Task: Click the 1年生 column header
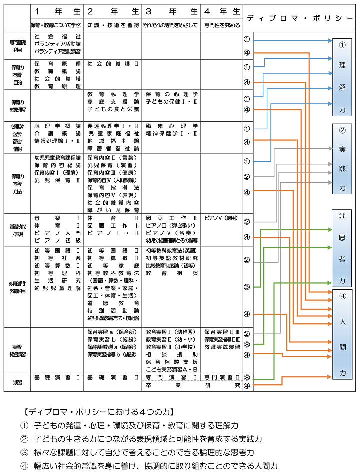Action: tap(57, 11)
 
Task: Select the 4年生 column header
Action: tap(221, 11)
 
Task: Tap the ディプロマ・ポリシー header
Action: tap(300, 18)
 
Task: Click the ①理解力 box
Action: tap(342, 77)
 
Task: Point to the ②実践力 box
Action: tap(342, 159)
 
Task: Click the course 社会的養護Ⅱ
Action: tap(113, 64)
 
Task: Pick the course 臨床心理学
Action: tap(171, 126)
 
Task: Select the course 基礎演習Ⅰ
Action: tap(57, 377)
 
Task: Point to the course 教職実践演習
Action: tap(221, 347)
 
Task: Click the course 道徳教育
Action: tap(113, 303)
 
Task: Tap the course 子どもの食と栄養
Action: tap(113, 109)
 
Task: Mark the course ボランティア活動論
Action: tap(57, 44)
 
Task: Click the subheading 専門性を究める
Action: tap(221, 25)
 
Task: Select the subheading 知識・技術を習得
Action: tap(113, 25)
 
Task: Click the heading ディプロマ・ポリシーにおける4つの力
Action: tap(98, 412)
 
